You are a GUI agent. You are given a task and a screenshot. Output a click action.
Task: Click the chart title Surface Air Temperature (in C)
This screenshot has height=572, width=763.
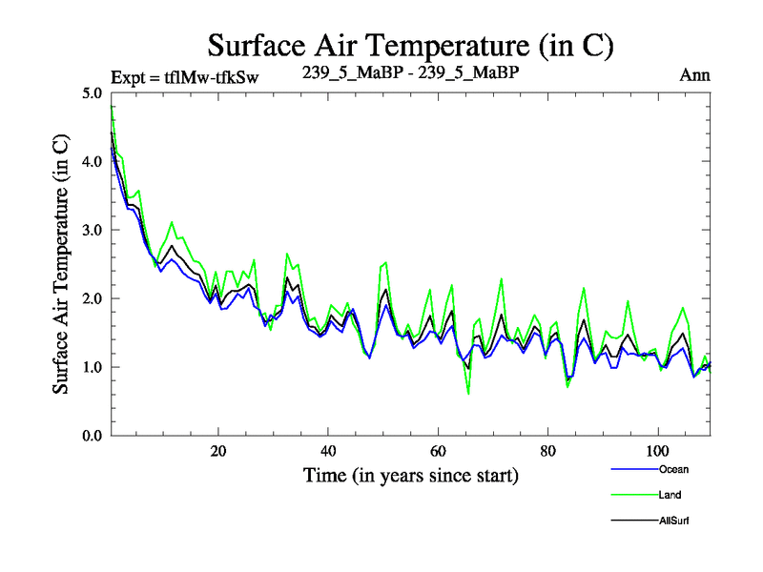[x=410, y=45]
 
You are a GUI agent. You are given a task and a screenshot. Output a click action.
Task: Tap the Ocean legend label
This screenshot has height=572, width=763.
[x=671, y=469]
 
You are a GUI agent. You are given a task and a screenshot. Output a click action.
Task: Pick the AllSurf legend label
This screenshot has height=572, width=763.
[x=673, y=521]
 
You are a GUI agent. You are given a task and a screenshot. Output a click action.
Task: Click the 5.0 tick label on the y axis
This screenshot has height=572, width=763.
[x=92, y=93]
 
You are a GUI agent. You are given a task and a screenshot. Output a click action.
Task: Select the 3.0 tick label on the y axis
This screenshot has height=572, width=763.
[x=92, y=231]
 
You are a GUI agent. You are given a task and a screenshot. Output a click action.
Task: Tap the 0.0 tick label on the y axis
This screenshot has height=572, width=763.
[x=92, y=436]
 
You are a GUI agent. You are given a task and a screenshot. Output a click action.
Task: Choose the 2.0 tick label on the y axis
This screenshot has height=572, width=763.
[x=92, y=299]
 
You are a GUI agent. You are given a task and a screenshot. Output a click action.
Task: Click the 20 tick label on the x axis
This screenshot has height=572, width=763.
[x=218, y=450]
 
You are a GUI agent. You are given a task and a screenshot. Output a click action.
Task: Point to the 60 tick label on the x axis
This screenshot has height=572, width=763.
[x=438, y=450]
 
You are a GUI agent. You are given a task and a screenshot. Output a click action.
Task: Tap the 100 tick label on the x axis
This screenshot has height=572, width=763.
[x=657, y=450]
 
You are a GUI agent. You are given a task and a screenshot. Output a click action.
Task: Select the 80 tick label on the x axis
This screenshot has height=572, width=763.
[x=547, y=450]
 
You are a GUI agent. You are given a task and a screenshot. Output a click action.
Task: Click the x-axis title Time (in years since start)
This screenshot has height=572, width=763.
[x=410, y=475]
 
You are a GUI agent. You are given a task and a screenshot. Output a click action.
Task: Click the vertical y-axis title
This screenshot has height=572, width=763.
[x=60, y=264]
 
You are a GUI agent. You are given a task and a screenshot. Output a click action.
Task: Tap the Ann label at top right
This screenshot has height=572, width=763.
[x=694, y=75]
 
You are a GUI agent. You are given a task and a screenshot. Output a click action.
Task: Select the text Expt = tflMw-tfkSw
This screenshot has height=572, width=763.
[x=185, y=76]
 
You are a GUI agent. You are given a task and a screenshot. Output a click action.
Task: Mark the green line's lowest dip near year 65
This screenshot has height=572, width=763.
[x=468, y=393]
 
